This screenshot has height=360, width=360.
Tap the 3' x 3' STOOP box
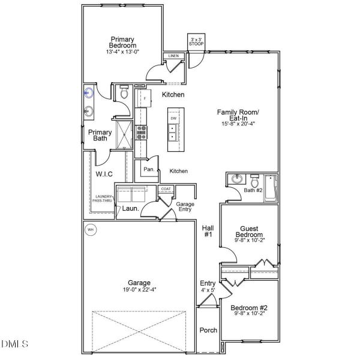click(x=196, y=41)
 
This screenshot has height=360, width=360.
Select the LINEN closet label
click(x=173, y=56)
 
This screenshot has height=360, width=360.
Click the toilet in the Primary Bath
click(x=124, y=94)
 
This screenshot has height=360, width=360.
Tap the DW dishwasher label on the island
click(x=173, y=118)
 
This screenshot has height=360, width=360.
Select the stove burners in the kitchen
click(x=142, y=132)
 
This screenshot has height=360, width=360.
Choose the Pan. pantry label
click(x=149, y=170)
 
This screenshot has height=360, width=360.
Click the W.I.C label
click(x=104, y=174)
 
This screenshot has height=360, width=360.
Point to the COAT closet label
click(x=166, y=189)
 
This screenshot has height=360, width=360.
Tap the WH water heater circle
click(x=91, y=229)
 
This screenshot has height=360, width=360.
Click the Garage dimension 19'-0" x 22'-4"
click(x=139, y=290)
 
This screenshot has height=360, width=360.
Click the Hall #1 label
click(x=208, y=231)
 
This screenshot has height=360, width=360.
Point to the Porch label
click(x=208, y=330)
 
